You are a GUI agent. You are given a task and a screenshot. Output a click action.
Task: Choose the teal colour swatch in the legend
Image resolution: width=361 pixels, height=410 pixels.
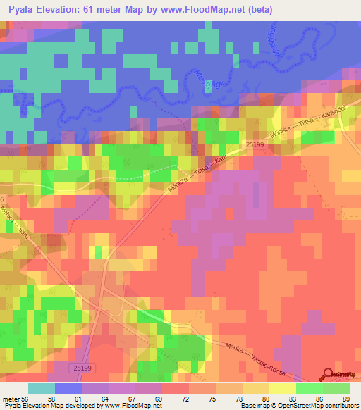pyautogui.click(x=42, y=388)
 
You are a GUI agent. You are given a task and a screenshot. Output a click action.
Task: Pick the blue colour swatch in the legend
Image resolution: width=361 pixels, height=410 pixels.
pyautogui.click(x=68, y=388)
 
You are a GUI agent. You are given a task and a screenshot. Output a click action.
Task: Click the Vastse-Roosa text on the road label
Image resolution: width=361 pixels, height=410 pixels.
pyautogui.click(x=286, y=354)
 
